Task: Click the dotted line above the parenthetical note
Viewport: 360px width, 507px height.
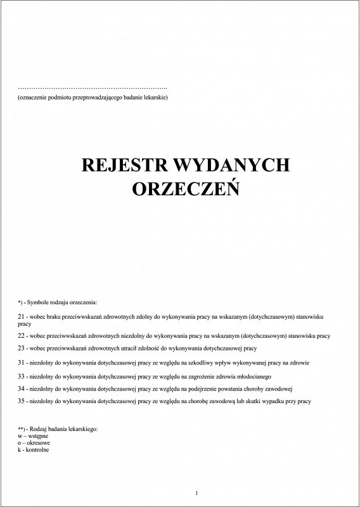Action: click(93, 87)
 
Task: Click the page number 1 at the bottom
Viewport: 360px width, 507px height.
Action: click(197, 493)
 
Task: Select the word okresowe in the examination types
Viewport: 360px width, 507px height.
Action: click(37, 442)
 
